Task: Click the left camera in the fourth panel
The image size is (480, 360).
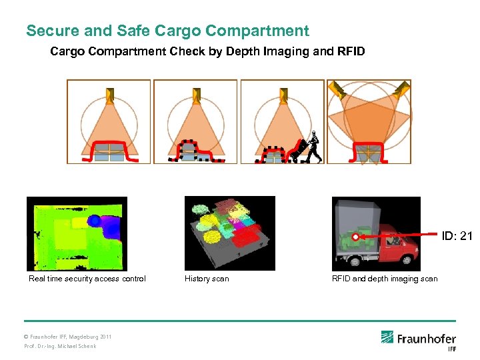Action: click(339, 91)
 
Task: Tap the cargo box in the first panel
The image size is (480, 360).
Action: click(109, 152)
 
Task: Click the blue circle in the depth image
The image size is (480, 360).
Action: click(95, 221)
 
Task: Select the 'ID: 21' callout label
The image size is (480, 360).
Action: click(457, 235)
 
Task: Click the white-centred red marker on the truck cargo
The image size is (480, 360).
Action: click(356, 237)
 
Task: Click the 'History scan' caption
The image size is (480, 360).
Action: click(207, 279)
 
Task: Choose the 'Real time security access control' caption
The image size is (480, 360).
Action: click(87, 279)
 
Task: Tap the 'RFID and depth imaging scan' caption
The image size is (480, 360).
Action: click(385, 279)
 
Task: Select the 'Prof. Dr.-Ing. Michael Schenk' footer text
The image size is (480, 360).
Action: click(60, 346)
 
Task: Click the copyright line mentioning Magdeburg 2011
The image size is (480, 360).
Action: click(67, 337)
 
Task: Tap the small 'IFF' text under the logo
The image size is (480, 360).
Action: click(451, 349)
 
